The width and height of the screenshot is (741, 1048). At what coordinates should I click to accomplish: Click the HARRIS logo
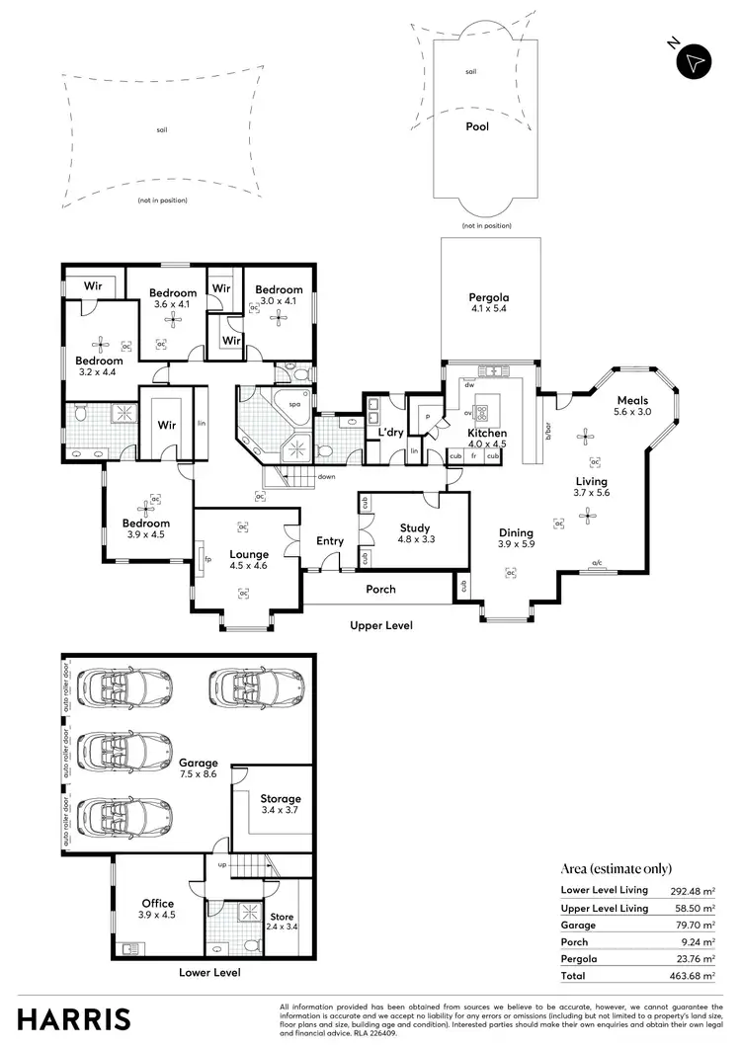73,1018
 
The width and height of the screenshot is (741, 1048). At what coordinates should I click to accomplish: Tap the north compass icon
694,61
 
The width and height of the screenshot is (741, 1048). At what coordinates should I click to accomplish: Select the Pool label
477,126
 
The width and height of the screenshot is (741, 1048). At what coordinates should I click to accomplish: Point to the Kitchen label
487,433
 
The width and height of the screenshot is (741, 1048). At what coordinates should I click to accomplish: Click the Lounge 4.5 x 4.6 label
249,560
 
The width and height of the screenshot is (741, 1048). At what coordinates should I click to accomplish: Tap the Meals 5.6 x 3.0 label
632,405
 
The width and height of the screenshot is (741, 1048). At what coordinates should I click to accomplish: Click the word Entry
330,540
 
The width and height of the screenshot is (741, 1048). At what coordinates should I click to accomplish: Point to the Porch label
380,590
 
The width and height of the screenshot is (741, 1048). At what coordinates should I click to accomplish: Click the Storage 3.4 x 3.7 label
281,804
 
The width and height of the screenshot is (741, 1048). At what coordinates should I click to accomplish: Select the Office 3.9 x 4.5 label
157,909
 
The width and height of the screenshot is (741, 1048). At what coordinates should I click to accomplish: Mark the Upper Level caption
381,625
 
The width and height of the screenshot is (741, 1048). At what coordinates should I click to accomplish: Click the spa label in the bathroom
293,404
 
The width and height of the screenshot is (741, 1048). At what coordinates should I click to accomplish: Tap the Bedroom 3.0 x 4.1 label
279,295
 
